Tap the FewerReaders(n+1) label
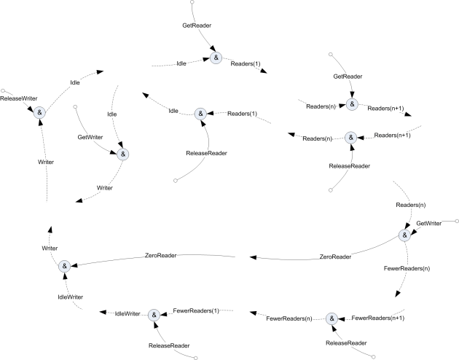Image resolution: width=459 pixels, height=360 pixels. coord(377,318)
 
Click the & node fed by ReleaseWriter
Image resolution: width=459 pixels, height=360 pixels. coord(39,111)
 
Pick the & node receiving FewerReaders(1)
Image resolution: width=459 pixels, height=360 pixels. coord(154,315)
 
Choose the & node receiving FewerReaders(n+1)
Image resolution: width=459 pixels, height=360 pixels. coord(331,318)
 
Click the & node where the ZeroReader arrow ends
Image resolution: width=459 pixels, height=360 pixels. coord(64,267)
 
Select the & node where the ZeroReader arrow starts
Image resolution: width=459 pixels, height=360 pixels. coord(404,235)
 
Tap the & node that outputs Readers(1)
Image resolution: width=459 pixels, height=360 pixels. coord(216,58)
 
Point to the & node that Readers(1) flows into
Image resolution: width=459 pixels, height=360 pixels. coord(200,114)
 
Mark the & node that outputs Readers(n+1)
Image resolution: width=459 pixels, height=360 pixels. coord(352,103)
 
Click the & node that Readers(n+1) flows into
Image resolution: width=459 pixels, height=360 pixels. coord(350,136)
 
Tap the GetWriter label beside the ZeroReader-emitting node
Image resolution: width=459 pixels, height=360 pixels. coord(429,222)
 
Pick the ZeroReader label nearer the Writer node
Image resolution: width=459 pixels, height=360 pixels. coord(162,255)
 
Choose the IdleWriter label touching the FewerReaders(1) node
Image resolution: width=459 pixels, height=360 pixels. coord(129,313)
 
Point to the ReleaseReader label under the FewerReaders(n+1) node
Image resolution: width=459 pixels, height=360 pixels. coord(346,343)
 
